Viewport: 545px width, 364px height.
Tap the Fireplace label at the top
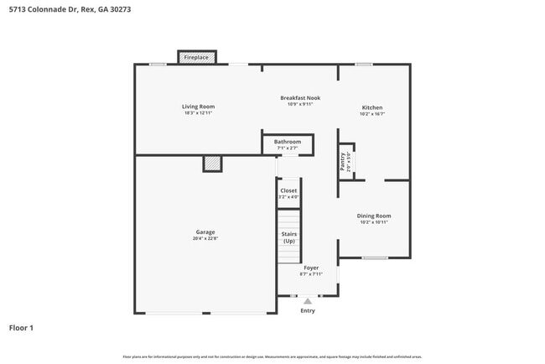tap(197, 58)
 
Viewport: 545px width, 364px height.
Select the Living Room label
tap(199, 107)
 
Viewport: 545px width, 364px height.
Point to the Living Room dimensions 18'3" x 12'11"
tap(199, 113)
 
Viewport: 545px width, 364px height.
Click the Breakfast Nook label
tap(300, 98)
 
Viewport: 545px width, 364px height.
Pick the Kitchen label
tap(372, 107)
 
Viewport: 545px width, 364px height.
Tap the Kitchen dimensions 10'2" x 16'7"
tap(372, 114)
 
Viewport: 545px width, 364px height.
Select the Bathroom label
tap(288, 142)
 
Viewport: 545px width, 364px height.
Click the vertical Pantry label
tap(343, 162)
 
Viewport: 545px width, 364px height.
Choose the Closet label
tap(288, 190)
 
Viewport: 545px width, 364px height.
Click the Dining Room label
tap(374, 216)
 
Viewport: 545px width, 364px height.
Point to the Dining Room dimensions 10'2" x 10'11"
tap(374, 222)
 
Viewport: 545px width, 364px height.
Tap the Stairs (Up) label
tap(288, 237)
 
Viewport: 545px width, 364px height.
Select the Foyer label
tap(311, 268)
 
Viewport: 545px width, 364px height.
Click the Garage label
tap(205, 232)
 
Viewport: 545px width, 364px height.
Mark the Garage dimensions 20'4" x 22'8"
tap(205, 239)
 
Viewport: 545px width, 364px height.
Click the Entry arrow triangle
tap(308, 300)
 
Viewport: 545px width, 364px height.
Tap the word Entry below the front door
tap(308, 311)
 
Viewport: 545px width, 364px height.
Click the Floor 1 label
tap(21, 328)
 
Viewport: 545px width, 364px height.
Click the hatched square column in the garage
tap(212, 164)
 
